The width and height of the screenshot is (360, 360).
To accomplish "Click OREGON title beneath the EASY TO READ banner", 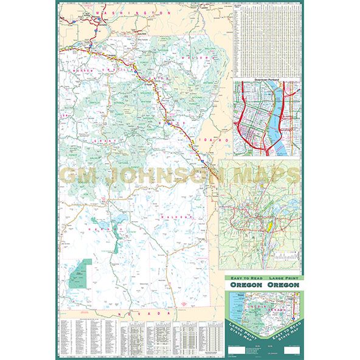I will (246, 285).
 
